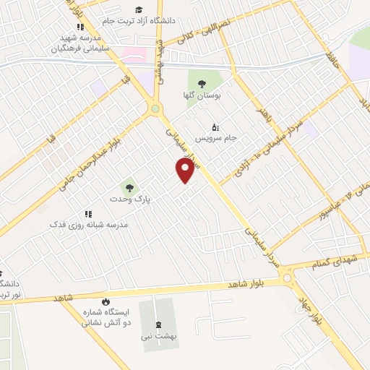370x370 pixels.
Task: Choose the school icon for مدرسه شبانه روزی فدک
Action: coord(89,214)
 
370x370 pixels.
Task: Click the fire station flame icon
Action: coord(106,301)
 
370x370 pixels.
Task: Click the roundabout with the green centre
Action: coord(155,109)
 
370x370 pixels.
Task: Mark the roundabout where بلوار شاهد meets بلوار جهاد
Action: coord(288,277)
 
